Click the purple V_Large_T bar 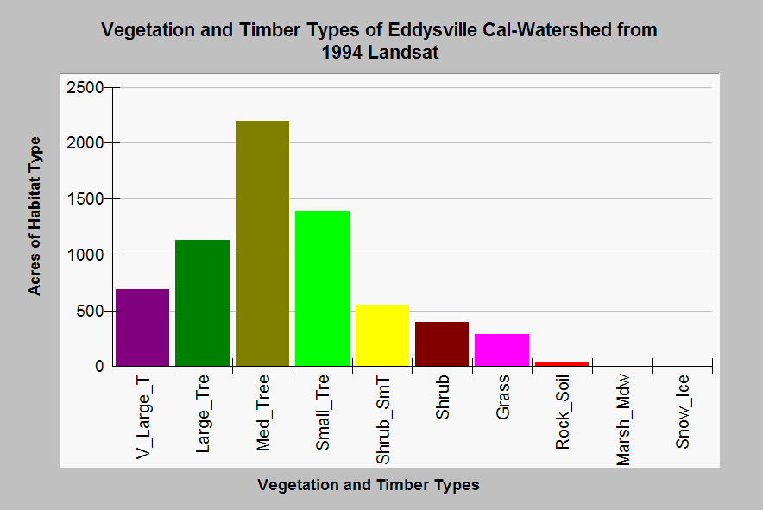click(142, 327)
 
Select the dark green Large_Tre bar click(202, 303)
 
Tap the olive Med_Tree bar click(262, 243)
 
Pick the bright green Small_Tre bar click(322, 288)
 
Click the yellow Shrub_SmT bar click(381, 336)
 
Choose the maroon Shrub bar click(442, 343)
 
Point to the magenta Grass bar click(501, 349)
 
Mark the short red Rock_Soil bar click(561, 363)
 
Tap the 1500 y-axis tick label click(86, 199)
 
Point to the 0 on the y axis click(98, 367)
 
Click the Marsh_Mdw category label click(623, 420)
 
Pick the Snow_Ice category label click(683, 411)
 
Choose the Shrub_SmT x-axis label click(383, 419)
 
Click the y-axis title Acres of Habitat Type click(35, 216)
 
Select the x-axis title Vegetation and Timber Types click(368, 485)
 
